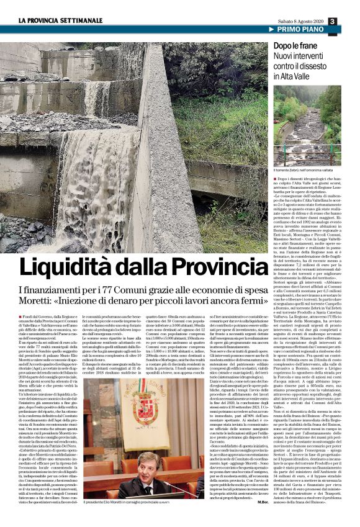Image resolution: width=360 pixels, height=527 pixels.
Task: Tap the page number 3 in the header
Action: point(350,21)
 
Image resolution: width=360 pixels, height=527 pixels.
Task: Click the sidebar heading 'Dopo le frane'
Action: point(295,47)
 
